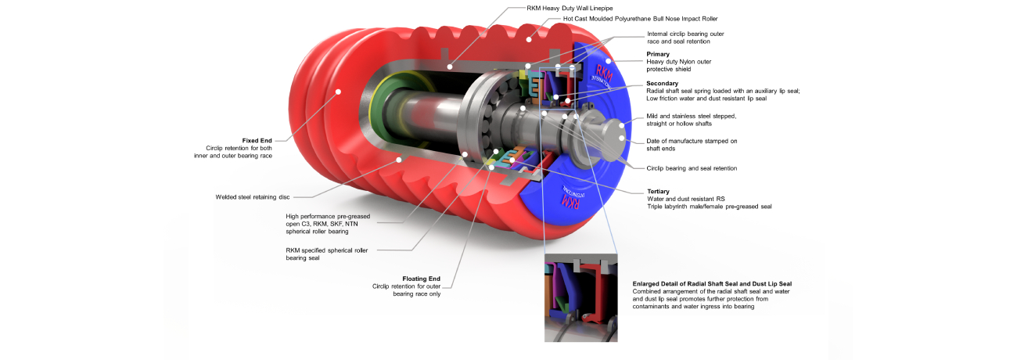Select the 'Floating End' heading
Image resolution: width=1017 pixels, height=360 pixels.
point(421,278)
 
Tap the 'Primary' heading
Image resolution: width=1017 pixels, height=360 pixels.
point(658,54)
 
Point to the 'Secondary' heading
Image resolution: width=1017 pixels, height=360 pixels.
point(662,83)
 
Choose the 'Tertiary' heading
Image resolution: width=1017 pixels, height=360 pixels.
point(658,191)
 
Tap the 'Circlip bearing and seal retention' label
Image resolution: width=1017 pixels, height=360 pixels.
point(692,168)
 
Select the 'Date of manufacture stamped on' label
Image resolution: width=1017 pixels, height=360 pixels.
point(692,141)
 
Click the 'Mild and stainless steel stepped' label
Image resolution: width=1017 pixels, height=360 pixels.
point(692,116)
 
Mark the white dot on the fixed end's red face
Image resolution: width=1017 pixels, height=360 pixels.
point(339,92)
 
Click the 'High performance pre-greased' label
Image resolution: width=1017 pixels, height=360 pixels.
point(328,216)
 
